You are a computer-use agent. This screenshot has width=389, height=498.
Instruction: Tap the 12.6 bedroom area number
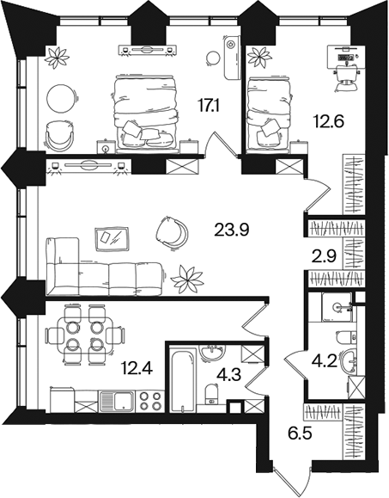coord(328,120)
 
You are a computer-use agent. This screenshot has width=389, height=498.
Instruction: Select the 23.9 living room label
coord(232,230)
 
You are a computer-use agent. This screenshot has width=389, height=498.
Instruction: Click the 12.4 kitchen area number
coord(137,369)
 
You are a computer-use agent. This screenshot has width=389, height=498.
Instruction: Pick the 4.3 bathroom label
coord(229,375)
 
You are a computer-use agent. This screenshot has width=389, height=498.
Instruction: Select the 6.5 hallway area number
coord(301,433)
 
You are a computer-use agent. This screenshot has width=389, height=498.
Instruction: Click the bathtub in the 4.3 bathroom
coord(182,380)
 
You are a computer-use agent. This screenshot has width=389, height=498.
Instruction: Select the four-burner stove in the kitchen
coord(150,401)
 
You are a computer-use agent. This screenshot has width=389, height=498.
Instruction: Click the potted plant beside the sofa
coord(187,279)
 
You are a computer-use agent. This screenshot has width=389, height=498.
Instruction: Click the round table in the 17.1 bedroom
coord(62,98)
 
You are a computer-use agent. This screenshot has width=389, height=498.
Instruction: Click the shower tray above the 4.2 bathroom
coord(337,307)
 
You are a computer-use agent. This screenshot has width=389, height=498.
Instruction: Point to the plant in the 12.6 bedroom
coord(259,57)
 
